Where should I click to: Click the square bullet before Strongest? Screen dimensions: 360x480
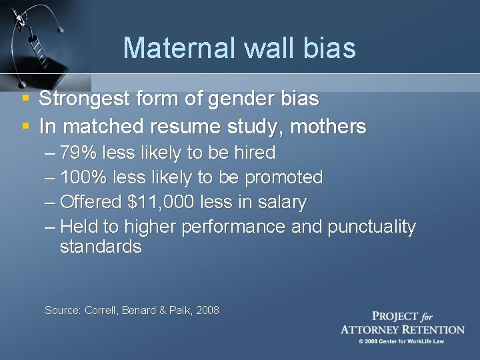(x=26, y=99)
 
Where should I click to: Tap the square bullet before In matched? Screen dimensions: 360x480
(x=26, y=125)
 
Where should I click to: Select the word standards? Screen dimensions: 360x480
(x=101, y=247)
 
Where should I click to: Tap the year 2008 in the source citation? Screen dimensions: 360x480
(x=207, y=310)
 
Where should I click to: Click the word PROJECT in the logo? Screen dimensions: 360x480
(x=395, y=317)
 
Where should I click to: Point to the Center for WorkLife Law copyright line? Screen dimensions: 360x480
(x=402, y=341)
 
